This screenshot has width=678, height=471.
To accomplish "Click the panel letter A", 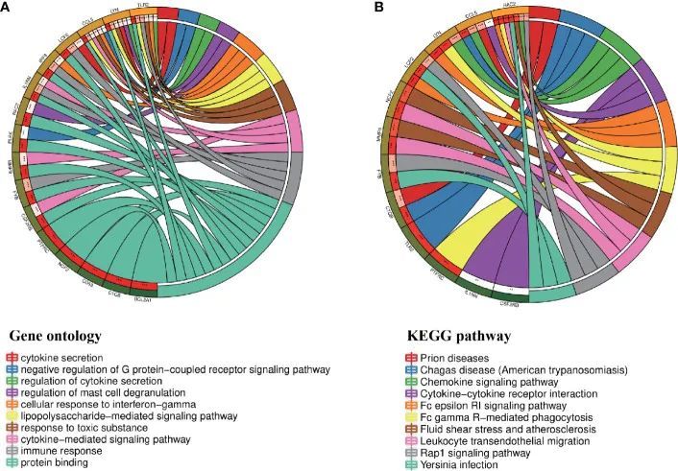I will tap(7, 9).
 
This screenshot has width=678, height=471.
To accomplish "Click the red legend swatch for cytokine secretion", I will tap(12, 357).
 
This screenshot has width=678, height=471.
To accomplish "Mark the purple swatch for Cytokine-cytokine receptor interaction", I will tap(410, 392).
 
